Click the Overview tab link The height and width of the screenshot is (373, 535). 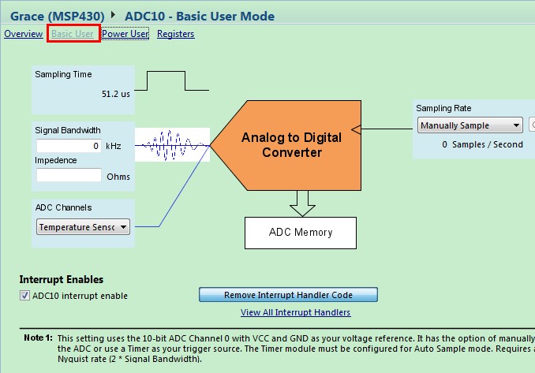[x=23, y=34]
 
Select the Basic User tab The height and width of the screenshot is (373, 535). [x=73, y=34]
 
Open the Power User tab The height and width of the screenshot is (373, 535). [x=125, y=34]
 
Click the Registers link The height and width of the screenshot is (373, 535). [x=176, y=34]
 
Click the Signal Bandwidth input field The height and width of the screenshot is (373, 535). [x=69, y=146]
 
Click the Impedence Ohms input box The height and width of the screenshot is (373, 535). [x=69, y=175]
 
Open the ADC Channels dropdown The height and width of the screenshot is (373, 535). [x=83, y=227]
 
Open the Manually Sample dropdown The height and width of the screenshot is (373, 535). [x=470, y=125]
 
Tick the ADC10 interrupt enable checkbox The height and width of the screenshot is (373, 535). [x=24, y=295]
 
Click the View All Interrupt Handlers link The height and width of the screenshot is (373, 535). [x=295, y=312]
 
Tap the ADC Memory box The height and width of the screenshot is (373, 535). [x=301, y=233]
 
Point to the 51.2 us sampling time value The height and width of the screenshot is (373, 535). [x=116, y=94]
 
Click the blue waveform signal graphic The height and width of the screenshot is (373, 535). [x=172, y=145]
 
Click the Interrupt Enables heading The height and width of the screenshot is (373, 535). [x=62, y=280]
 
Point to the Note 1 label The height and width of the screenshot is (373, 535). [x=38, y=338]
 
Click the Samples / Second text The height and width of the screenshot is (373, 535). [x=488, y=144]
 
